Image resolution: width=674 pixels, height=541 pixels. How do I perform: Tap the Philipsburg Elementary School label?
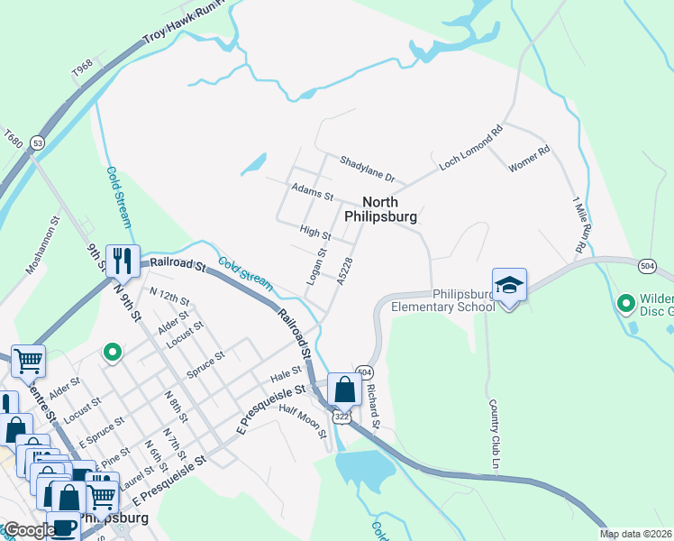point(443,300)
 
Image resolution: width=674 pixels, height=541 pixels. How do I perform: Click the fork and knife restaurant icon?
point(123,261)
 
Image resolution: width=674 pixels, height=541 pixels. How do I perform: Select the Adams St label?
point(313,191)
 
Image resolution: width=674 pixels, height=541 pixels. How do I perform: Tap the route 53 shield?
point(37,142)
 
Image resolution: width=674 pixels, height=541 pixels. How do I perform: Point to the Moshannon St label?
point(44,243)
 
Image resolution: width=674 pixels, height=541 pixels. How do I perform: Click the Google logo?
point(29,530)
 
